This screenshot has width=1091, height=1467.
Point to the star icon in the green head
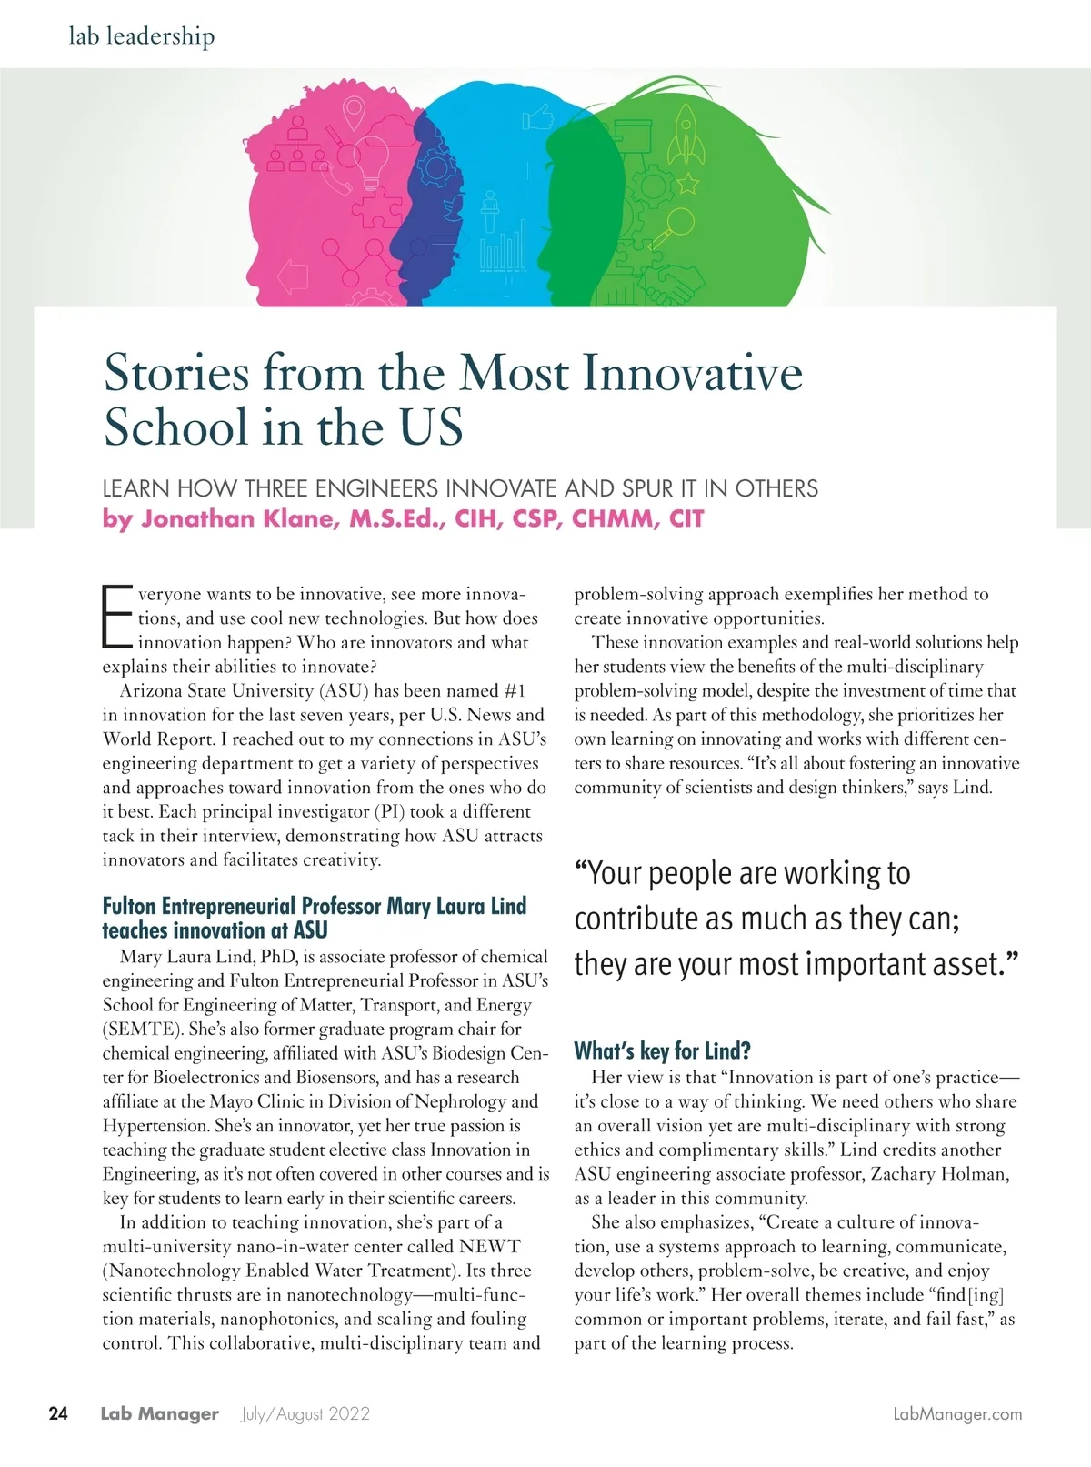688,184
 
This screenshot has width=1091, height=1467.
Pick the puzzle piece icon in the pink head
375,212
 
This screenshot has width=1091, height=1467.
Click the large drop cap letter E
117,617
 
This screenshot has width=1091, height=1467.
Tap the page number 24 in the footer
58,1413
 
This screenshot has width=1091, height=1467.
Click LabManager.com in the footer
957,1413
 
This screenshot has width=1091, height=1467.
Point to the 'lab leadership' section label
142,36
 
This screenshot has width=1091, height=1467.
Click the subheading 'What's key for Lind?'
662,1051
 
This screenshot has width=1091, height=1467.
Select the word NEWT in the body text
489,1246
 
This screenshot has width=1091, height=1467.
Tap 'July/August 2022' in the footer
305,1413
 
